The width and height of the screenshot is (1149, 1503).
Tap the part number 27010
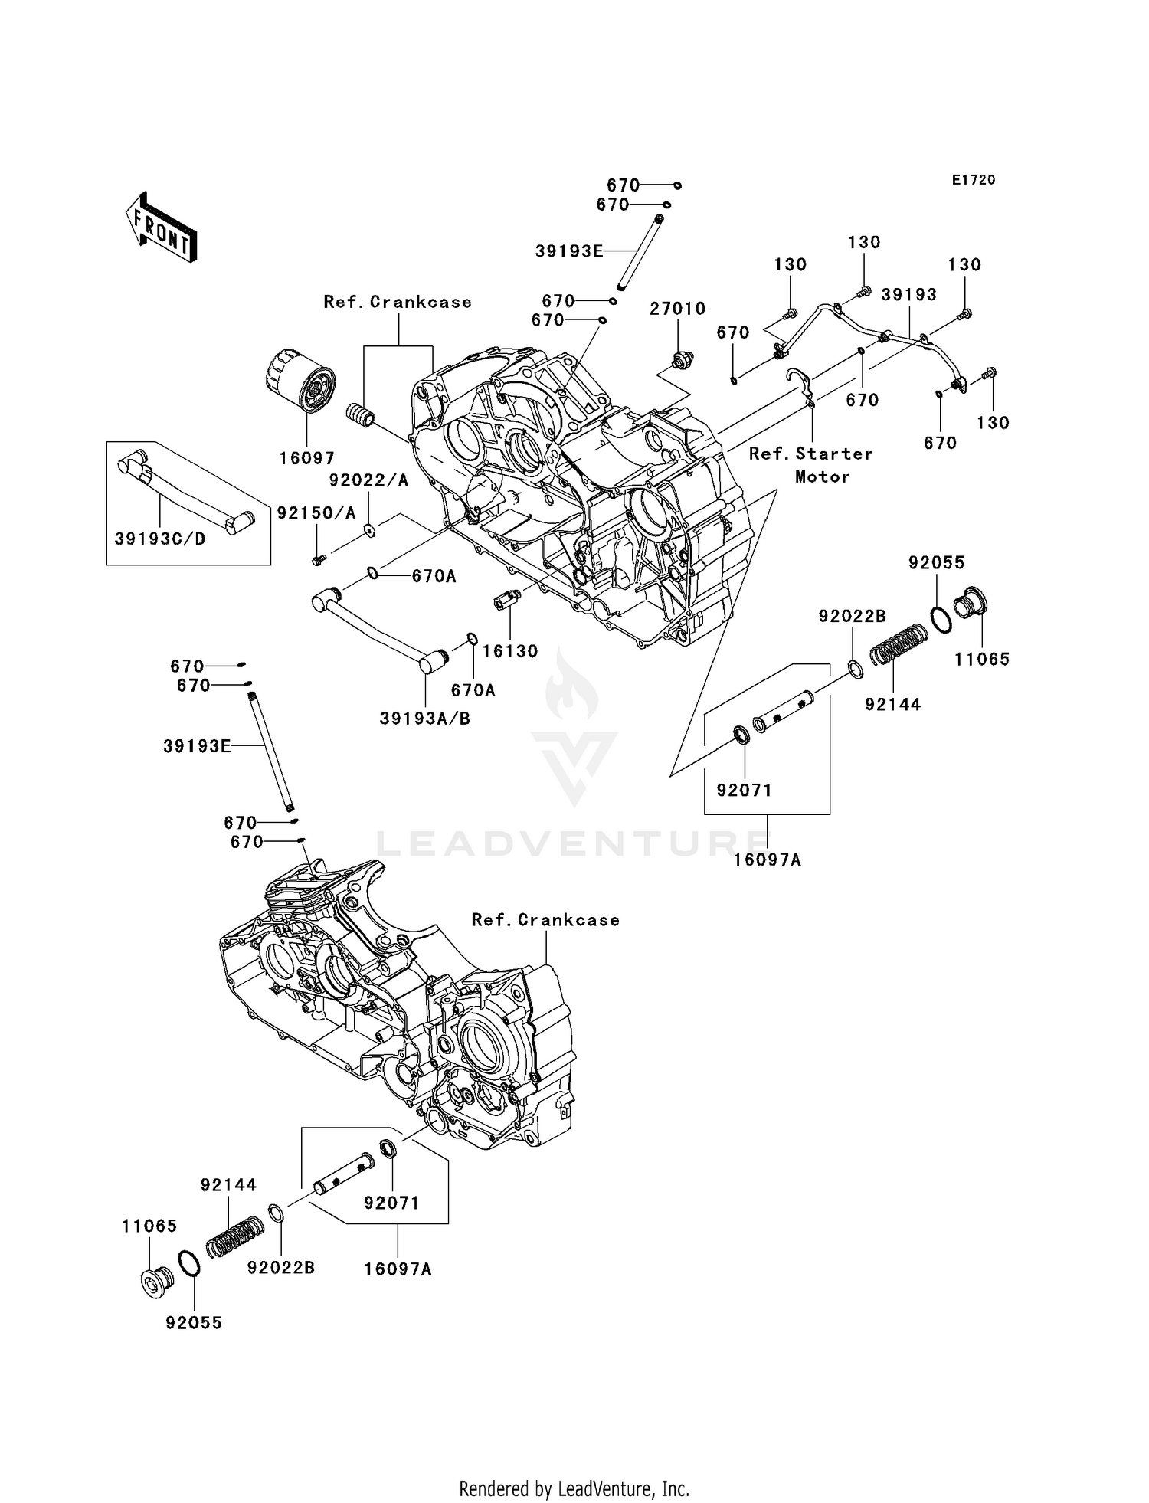[x=677, y=309]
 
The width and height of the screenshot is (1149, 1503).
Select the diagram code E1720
[x=973, y=180]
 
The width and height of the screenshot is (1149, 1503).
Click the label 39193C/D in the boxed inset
[x=160, y=539]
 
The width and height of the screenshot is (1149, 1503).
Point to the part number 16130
[x=510, y=650]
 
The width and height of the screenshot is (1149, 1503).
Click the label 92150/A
[x=316, y=513]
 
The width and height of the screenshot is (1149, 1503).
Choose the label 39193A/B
[x=424, y=718]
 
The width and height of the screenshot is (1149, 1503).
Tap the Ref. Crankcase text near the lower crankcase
[x=545, y=919]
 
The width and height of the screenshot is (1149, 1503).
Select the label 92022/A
[x=368, y=480]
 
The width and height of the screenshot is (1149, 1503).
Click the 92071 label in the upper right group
[x=744, y=789]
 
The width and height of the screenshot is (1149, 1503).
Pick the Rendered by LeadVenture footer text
[x=574, y=1488]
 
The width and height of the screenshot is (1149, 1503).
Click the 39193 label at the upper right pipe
[x=908, y=295]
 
